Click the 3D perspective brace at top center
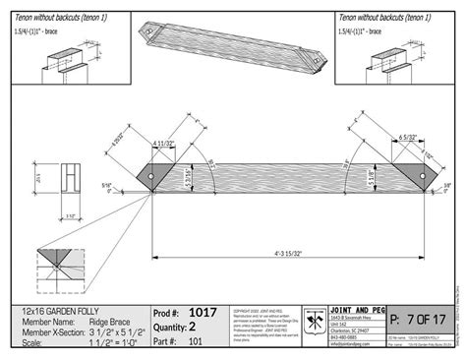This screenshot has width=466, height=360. click(x=232, y=43)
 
